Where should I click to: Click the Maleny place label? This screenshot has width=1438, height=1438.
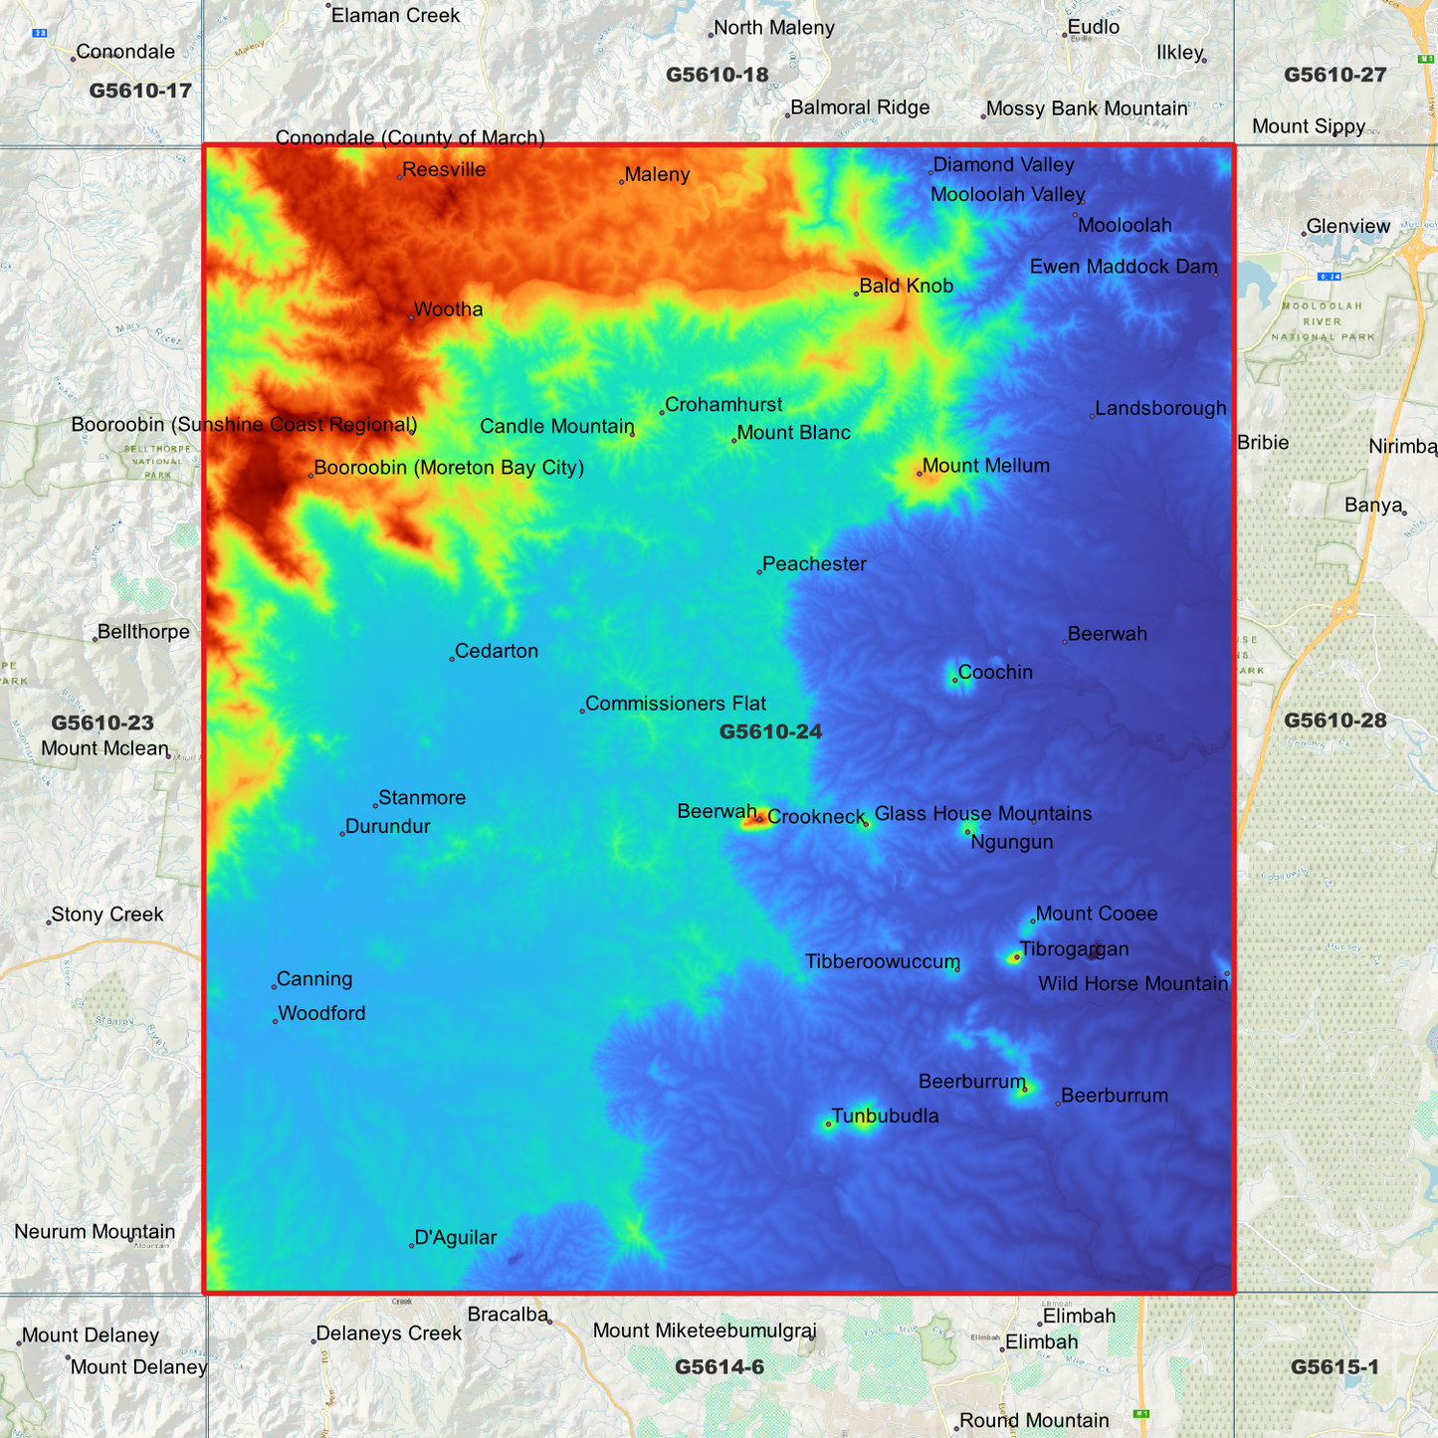tap(657, 175)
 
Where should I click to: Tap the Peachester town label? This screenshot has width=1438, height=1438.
tap(814, 564)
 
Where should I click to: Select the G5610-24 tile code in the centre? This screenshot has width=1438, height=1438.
tap(770, 732)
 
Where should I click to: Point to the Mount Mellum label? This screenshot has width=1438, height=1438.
tap(985, 466)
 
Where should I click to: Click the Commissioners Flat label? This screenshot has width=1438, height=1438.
tap(675, 704)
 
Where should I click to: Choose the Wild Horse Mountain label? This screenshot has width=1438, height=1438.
tap(1132, 984)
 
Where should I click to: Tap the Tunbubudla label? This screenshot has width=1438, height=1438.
tap(885, 1117)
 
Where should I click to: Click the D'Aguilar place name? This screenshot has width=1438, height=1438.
tap(455, 1238)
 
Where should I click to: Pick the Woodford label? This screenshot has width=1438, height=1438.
tap(321, 1014)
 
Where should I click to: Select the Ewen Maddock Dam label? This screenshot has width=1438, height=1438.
tap(1123, 267)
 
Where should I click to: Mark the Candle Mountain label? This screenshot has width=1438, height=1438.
tap(556, 427)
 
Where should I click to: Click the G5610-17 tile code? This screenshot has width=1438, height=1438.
tap(140, 92)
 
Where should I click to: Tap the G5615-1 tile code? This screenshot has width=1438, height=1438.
tap(1335, 1367)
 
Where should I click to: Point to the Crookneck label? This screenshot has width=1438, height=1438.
tap(816, 817)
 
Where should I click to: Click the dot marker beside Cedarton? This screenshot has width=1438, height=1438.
tap(452, 659)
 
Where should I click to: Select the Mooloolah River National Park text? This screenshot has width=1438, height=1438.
tap(1323, 321)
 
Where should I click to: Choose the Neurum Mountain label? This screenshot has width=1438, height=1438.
tap(95, 1232)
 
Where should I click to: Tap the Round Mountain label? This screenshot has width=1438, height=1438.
tap(1034, 1421)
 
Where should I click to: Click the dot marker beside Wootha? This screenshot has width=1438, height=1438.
tap(411, 317)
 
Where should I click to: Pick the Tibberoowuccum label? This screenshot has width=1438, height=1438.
tap(882, 962)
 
